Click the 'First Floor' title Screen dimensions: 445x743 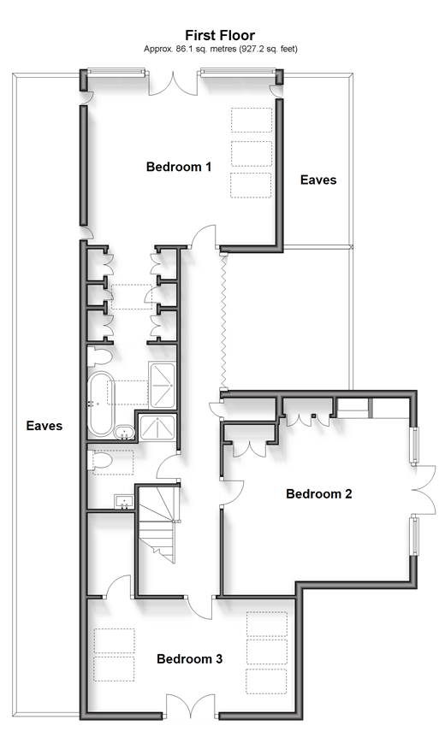click(x=220, y=35)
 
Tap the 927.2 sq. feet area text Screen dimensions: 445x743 click(x=269, y=49)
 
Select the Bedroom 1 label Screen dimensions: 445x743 click(x=178, y=167)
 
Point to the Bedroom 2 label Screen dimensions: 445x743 click(x=319, y=493)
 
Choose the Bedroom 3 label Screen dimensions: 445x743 click(x=189, y=658)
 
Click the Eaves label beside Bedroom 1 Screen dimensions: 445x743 click(x=318, y=180)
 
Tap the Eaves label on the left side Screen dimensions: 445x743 click(x=44, y=426)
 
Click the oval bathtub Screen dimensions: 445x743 click(x=101, y=404)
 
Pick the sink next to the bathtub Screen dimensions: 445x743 click(x=124, y=431)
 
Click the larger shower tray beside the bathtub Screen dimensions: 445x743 click(x=163, y=385)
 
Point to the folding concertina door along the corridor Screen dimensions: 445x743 click(x=223, y=321)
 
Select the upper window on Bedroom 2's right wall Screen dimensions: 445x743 click(x=415, y=445)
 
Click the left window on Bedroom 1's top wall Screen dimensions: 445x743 click(x=116, y=72)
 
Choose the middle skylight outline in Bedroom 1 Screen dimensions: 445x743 click(x=252, y=154)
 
